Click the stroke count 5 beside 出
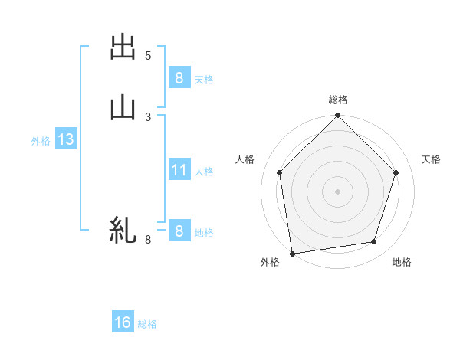tap(148, 56)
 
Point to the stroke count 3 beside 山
tap(148, 116)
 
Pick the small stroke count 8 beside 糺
tap(148, 240)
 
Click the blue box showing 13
tap(65, 139)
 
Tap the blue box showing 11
tap(179, 170)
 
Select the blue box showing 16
tap(123, 322)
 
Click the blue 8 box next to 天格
tap(179, 77)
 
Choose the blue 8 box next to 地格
tap(179, 231)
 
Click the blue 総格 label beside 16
tap(147, 324)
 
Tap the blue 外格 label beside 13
tap(41, 141)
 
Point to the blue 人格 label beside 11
tap(205, 172)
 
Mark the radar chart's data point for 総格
tap(337, 116)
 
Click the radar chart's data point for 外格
tap(292, 252)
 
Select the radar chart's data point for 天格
tap(396, 172)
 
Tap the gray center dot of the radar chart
tap(337, 191)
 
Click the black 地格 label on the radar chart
tap(402, 262)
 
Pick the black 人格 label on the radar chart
tap(245, 159)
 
